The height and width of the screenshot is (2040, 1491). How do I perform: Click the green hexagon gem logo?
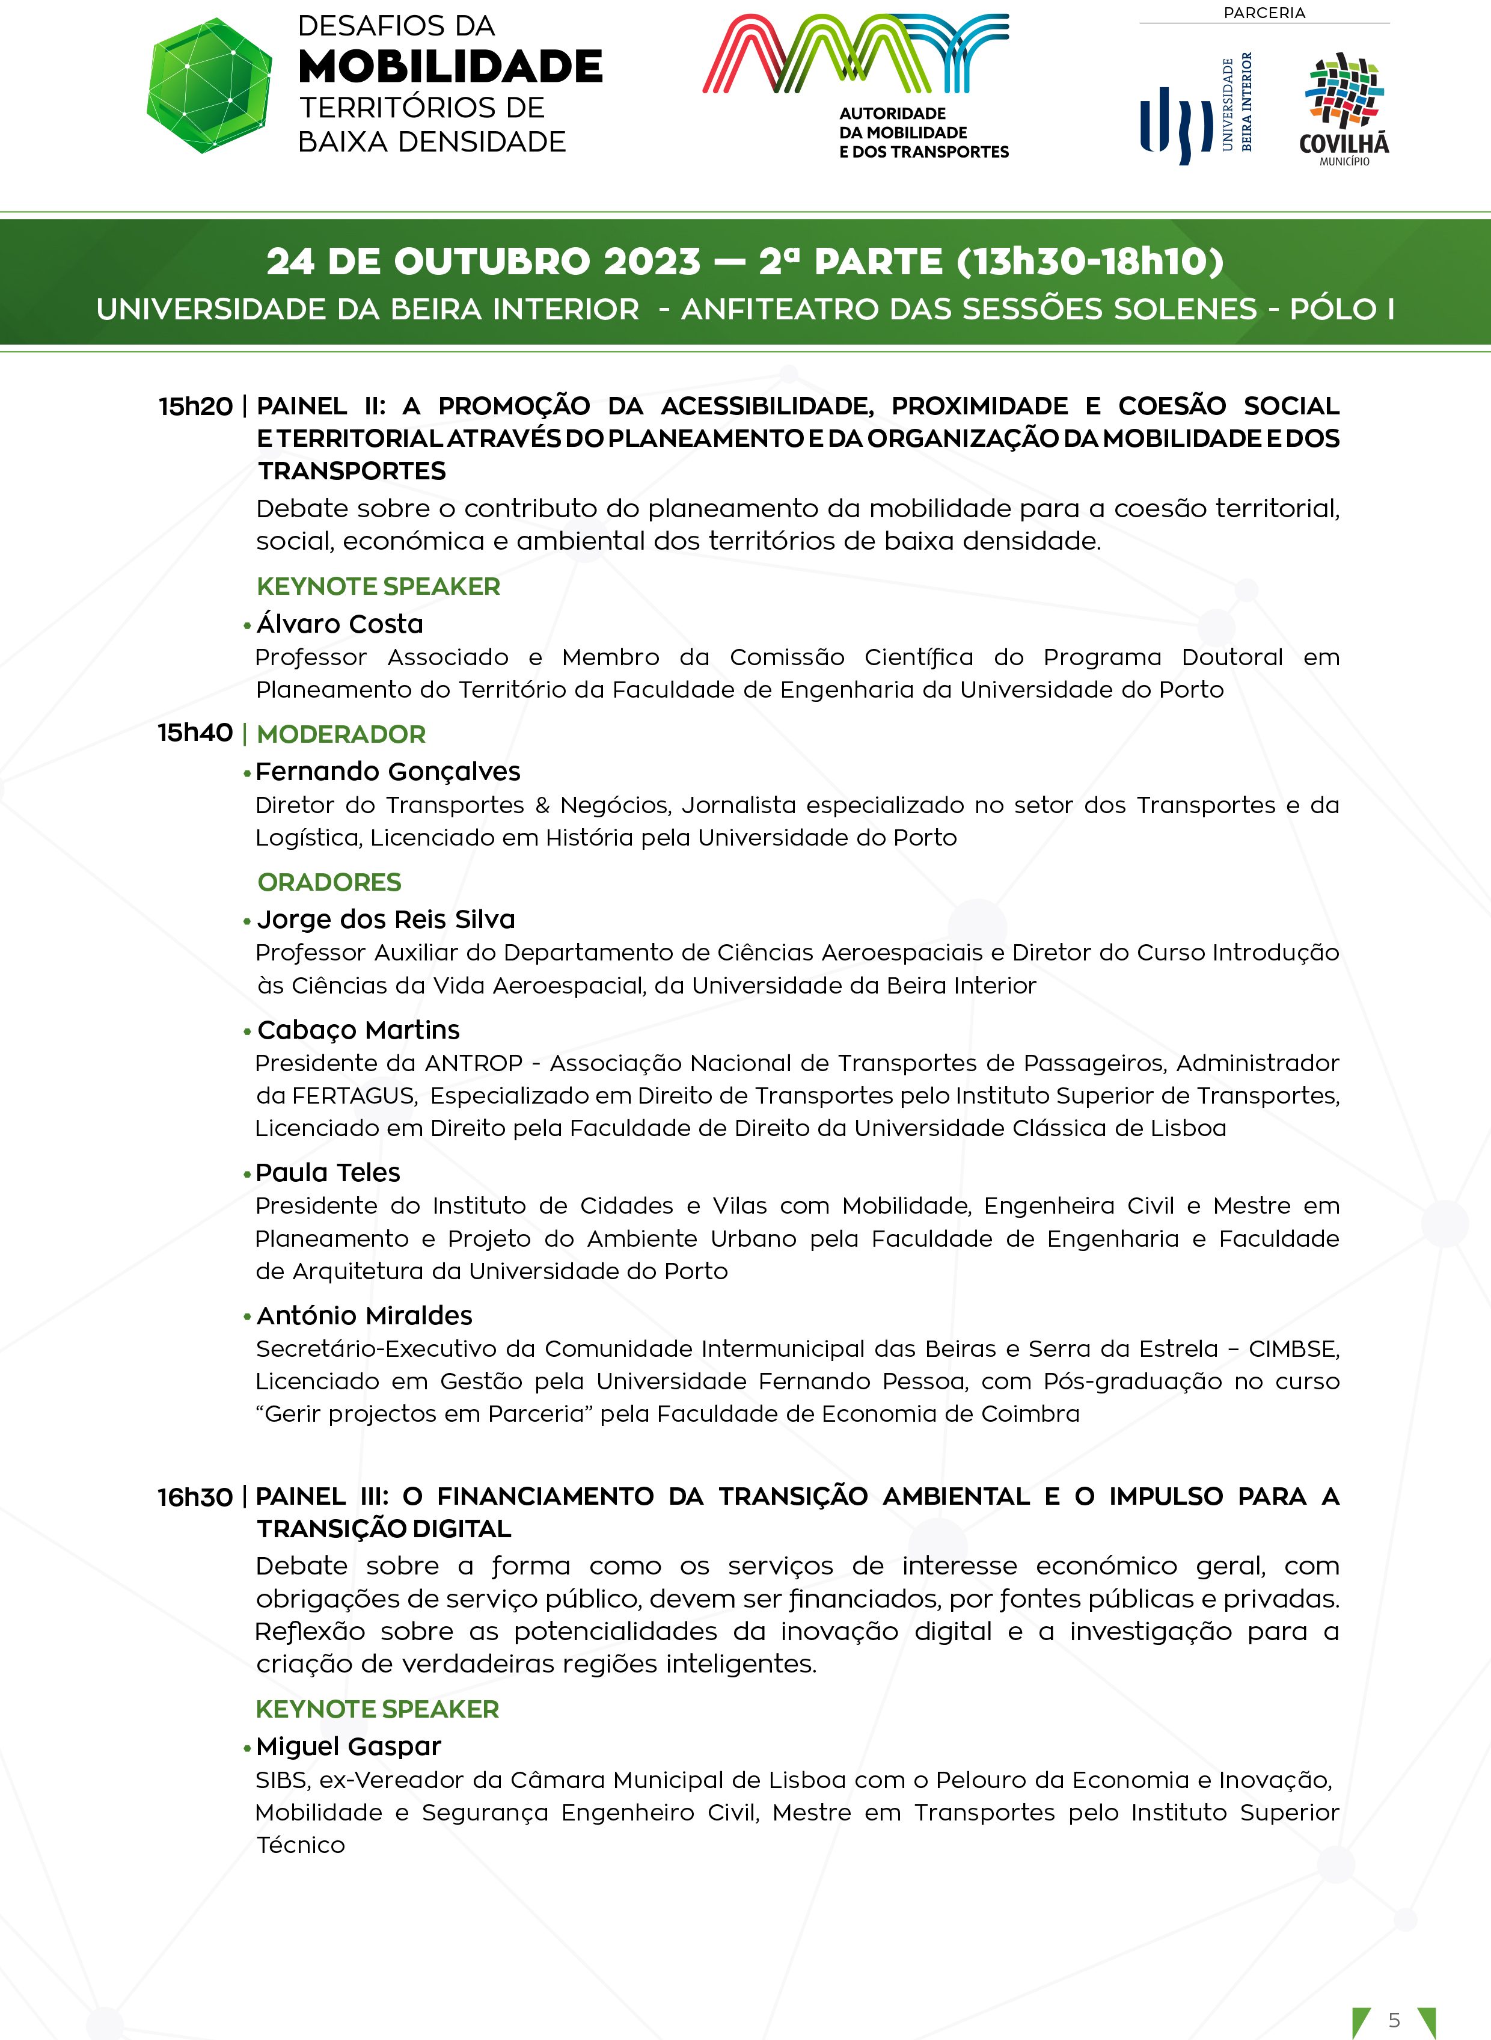(x=209, y=86)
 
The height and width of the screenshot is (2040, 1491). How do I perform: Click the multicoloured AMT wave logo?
(x=856, y=54)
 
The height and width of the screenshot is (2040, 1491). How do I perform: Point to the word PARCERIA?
(x=1264, y=13)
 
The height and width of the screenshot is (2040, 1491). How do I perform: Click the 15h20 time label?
(x=195, y=406)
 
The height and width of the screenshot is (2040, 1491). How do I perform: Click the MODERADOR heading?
(x=341, y=734)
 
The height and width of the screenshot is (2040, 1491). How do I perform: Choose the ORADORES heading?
(x=329, y=882)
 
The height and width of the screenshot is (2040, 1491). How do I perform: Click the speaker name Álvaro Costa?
(x=340, y=624)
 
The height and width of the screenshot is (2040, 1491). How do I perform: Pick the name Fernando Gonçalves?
(x=388, y=772)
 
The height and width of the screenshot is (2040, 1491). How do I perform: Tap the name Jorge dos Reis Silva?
(x=387, y=919)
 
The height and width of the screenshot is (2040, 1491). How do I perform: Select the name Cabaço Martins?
(x=358, y=1030)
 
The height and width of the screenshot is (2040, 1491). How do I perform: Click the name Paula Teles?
(x=328, y=1173)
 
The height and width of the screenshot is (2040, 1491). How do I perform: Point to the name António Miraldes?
(x=364, y=1315)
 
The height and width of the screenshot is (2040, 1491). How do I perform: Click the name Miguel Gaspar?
(x=348, y=1747)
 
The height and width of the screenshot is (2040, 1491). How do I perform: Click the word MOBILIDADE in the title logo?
(x=450, y=67)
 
